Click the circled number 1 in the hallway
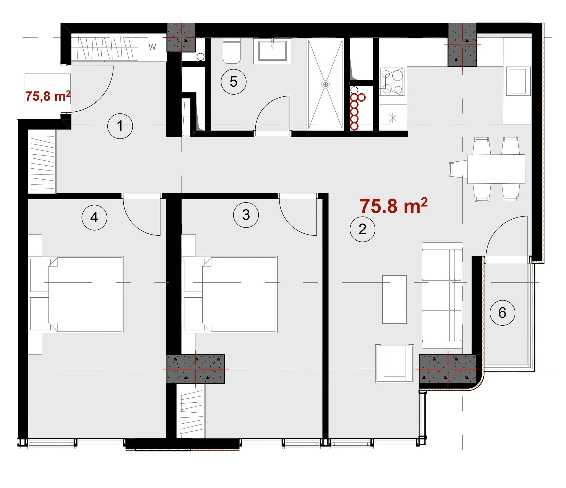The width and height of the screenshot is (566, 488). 120,126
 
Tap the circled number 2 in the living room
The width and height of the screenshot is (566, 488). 362,229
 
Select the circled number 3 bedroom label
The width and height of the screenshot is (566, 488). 246,215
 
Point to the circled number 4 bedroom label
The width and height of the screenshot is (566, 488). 94,217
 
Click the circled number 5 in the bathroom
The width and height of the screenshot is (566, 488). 233,82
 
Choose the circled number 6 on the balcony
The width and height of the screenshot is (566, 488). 502,313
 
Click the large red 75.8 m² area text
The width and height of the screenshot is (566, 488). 394,206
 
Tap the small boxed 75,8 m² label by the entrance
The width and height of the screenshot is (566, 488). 48,96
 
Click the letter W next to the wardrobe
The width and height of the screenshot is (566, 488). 152,47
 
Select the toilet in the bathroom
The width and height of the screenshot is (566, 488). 232,51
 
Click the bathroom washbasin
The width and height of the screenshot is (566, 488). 272,51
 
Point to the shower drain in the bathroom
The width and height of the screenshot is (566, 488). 326,84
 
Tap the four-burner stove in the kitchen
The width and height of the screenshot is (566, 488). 392,82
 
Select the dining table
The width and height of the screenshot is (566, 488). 496,169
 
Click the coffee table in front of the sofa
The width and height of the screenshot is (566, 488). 395,299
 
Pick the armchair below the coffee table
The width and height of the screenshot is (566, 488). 395,363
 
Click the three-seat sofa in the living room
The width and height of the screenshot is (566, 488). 442,295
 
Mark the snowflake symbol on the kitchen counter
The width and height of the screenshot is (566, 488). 393,118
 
